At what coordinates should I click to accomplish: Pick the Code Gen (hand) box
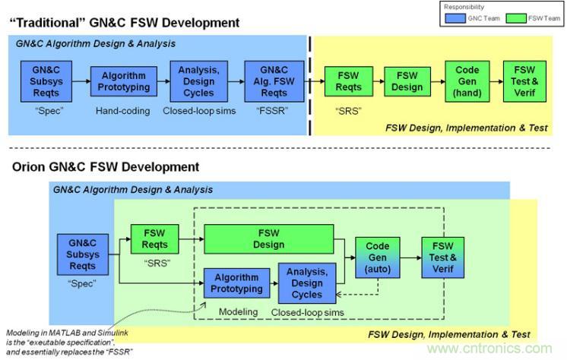click(467, 81)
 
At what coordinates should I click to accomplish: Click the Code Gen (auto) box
click(378, 258)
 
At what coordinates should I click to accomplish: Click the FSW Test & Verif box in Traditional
click(525, 81)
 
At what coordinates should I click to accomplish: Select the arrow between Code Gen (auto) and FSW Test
click(411, 258)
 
